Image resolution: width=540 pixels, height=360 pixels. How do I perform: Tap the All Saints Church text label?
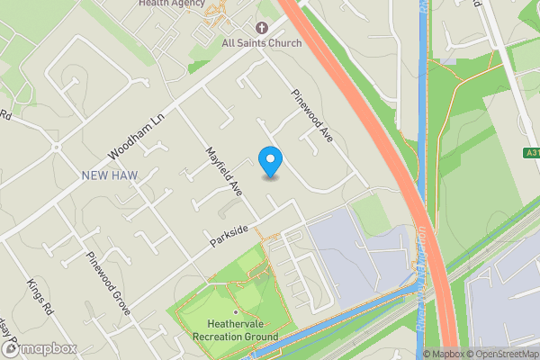click(262, 42)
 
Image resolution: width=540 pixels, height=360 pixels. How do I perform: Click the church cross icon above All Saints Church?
click(262, 28)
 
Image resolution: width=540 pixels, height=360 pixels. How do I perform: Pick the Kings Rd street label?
click(38, 296)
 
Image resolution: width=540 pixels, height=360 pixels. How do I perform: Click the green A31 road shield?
click(531, 154)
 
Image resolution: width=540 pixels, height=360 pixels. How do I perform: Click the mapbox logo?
click(39, 348)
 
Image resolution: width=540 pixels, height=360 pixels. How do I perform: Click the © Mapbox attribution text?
click(443, 354)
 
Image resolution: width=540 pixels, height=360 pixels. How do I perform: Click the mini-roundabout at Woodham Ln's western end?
click(56, 146)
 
